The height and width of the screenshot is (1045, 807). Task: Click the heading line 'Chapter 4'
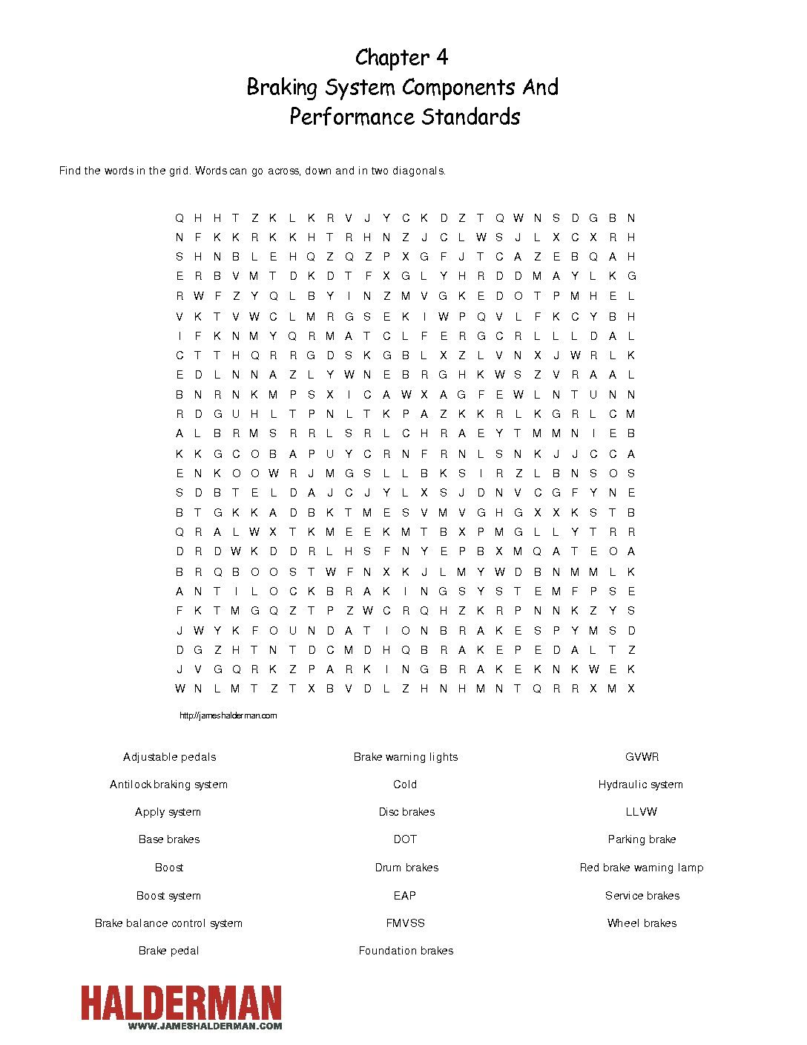click(x=401, y=57)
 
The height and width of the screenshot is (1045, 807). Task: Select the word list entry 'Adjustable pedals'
click(x=169, y=757)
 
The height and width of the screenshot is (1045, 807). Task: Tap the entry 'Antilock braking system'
click(x=168, y=784)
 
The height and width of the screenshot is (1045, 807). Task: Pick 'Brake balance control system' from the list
click(x=168, y=923)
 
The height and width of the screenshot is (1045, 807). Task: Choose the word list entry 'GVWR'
click(x=642, y=757)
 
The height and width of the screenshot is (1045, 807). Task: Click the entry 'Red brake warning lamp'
click(x=642, y=868)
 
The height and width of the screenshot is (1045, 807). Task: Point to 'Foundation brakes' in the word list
click(x=406, y=951)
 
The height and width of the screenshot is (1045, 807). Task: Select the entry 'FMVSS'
click(x=405, y=923)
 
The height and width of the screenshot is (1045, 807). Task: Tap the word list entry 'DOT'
click(x=405, y=839)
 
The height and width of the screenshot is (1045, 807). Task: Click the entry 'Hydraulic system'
click(x=641, y=784)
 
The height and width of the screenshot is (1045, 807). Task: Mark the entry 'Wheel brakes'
click(x=642, y=923)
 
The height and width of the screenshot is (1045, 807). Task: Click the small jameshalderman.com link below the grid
click(x=228, y=715)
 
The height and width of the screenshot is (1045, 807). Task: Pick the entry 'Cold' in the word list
click(x=405, y=784)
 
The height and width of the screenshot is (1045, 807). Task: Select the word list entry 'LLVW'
click(x=642, y=812)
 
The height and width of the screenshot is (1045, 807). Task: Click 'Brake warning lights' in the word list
click(x=406, y=757)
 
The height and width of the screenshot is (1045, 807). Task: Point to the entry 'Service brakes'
click(x=642, y=896)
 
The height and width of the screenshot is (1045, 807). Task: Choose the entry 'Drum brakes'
click(x=406, y=868)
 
